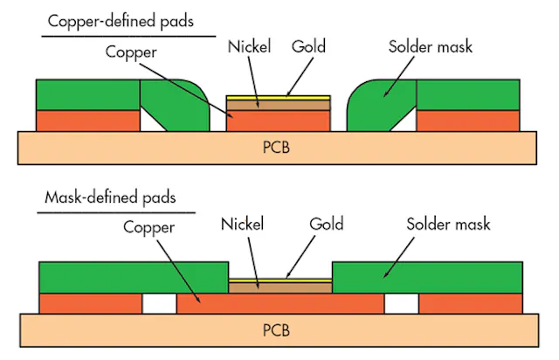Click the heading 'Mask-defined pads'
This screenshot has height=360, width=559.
[110, 197]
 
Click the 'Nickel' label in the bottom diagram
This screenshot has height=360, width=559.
[247, 224]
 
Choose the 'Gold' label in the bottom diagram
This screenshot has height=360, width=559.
[327, 224]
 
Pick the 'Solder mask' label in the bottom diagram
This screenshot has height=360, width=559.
[448, 224]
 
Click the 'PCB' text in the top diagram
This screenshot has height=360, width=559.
[275, 146]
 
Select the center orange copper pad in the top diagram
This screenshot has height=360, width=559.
[278, 121]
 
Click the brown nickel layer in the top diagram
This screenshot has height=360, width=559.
[278, 104]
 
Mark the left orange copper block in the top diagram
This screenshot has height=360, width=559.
[86, 120]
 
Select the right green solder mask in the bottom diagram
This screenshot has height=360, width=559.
[427, 277]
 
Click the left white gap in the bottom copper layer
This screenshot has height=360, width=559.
[159, 303]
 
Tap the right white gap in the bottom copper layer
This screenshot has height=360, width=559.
[401, 303]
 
